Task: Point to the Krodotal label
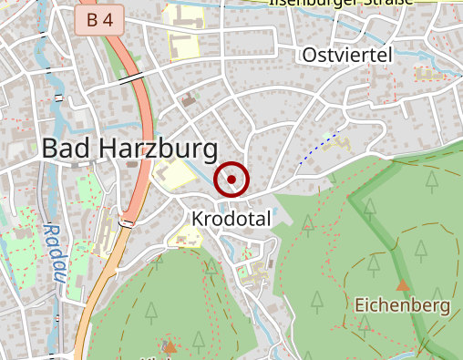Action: point(231,219)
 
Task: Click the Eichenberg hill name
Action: point(403,304)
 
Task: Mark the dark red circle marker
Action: point(231,180)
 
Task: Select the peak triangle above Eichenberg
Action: point(403,285)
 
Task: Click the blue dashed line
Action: point(324,144)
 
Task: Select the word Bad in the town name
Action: point(64,149)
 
